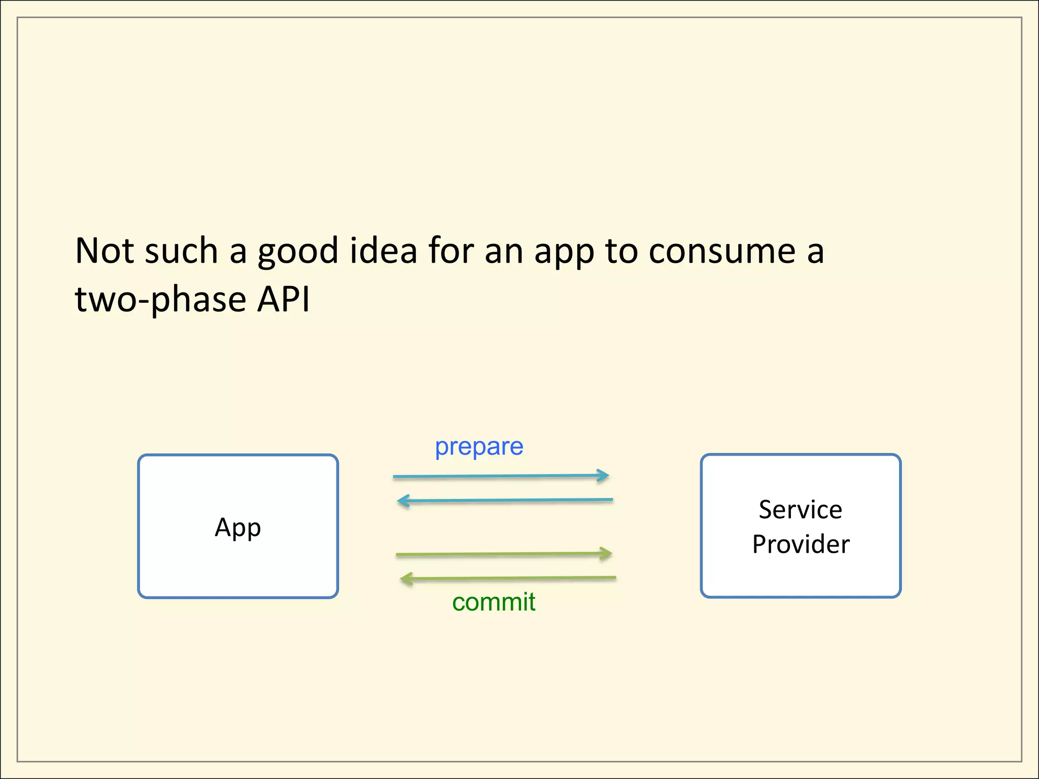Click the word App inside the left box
point(237,527)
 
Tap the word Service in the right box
point(800,510)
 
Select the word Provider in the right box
point(801,545)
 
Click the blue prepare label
point(479,447)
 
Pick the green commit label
point(494,602)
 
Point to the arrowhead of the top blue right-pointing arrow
point(604,476)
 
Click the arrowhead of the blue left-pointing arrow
point(403,502)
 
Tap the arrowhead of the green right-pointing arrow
point(606,553)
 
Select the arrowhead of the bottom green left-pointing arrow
point(406,579)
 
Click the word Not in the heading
point(105,251)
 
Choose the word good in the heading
point(298,252)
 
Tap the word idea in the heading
point(384,251)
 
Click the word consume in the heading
point(722,252)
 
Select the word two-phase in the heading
point(160,299)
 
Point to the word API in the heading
point(283,299)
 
